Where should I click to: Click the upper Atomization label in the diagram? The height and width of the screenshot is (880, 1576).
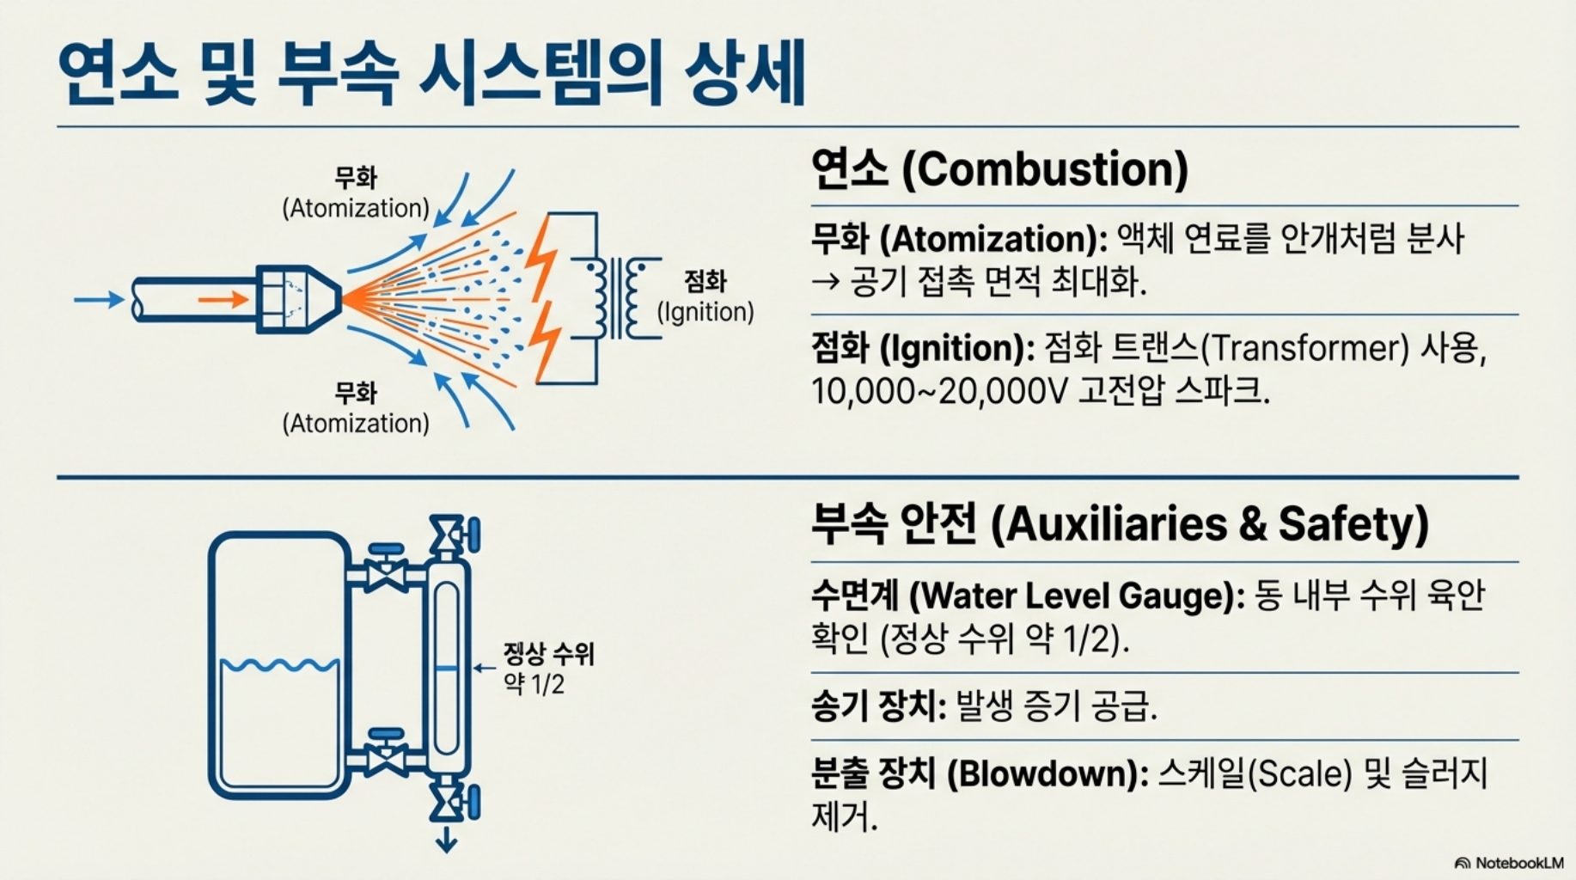(x=356, y=193)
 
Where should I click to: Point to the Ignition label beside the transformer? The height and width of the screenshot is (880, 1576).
(x=706, y=296)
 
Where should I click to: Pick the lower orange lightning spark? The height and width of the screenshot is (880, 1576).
(x=545, y=339)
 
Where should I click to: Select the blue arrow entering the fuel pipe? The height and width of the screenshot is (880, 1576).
(x=99, y=299)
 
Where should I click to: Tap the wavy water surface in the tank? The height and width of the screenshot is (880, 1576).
(x=279, y=665)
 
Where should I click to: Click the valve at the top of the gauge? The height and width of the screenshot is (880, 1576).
(x=449, y=535)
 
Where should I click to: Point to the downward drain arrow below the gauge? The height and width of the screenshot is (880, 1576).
(x=446, y=840)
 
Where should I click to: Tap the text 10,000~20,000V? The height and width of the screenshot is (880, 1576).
(x=939, y=392)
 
